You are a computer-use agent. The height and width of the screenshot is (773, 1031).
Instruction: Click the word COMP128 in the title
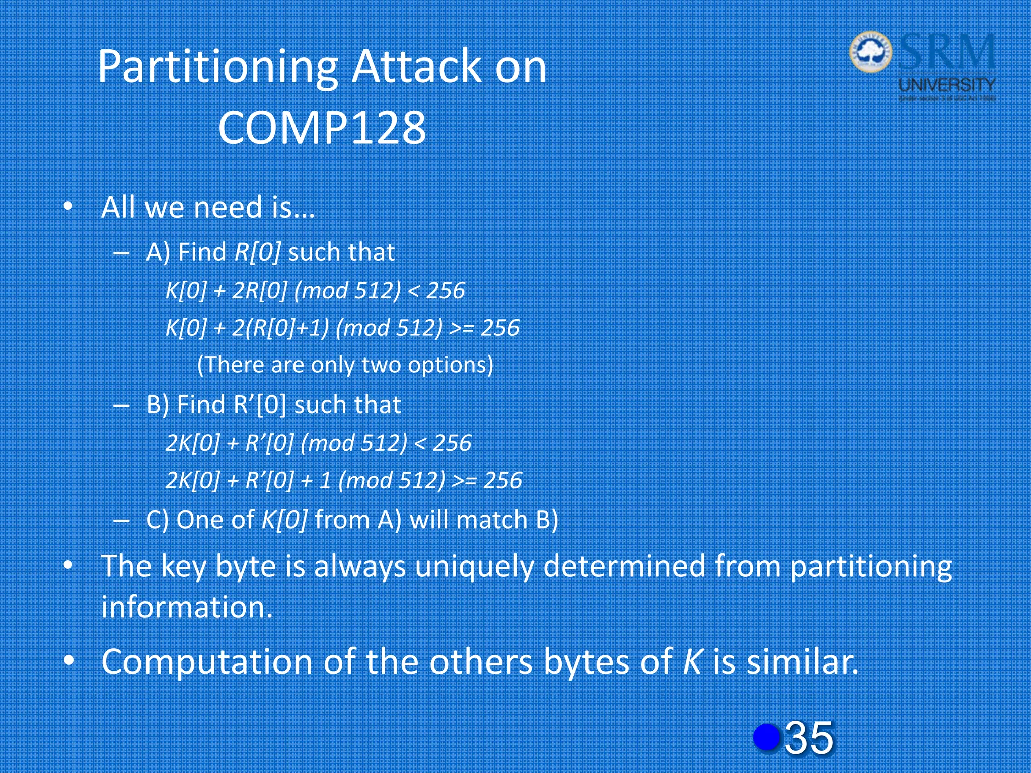(322, 128)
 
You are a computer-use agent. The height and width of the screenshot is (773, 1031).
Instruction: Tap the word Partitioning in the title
(218, 67)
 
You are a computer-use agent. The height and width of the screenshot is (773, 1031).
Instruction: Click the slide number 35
(809, 738)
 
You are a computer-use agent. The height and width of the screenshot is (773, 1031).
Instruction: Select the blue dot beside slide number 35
(766, 737)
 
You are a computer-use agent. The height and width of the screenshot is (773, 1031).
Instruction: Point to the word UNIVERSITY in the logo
(947, 84)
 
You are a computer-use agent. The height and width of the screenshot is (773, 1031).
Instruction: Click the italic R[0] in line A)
(257, 252)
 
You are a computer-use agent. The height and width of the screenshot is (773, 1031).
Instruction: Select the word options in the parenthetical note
(450, 365)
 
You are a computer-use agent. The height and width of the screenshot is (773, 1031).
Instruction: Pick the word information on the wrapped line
(186, 607)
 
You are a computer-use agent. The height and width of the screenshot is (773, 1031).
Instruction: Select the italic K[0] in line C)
(284, 520)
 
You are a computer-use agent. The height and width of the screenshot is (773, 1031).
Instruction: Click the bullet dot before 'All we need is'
(68, 207)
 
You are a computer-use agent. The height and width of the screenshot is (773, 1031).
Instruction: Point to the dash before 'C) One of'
(121, 520)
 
